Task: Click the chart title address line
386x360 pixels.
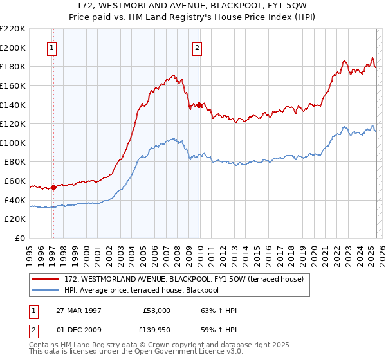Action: coord(193,6)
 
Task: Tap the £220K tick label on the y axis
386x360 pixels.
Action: coord(13,29)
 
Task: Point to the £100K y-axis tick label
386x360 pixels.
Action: coord(13,143)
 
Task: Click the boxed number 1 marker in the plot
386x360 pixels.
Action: coord(51,46)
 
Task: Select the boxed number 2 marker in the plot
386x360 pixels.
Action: coord(197,46)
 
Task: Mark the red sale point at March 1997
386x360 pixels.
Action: coord(53,188)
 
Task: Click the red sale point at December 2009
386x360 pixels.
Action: coord(199,105)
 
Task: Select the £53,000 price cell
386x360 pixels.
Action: coord(157,310)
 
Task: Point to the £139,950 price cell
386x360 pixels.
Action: coord(157,328)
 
